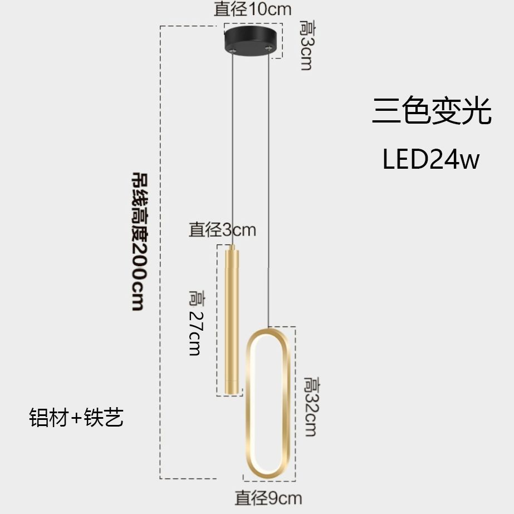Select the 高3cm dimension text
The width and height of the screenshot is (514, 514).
point(306,45)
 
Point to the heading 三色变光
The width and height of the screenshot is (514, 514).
point(432,111)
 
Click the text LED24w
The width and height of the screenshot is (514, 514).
point(430,160)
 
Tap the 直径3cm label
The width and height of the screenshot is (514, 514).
point(222,229)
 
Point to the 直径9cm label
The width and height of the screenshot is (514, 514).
point(268,497)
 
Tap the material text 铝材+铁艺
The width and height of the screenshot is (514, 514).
point(76,418)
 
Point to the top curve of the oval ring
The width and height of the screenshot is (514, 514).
point(267,332)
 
